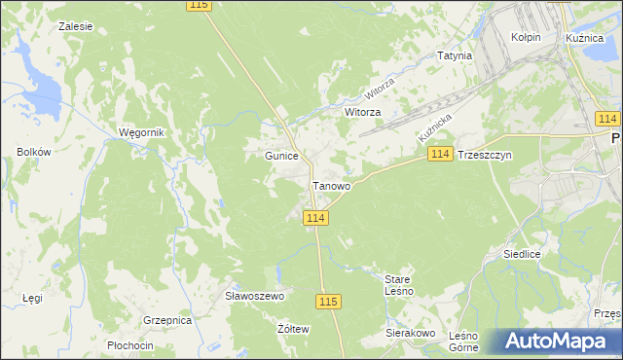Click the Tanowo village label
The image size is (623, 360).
tap(331, 186)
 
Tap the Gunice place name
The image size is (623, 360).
tap(281, 156)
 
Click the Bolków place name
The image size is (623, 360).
tap(33, 152)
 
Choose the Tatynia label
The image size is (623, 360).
tap(455, 55)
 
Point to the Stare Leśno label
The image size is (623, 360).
tap(399, 284)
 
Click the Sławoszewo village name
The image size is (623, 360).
tap(253, 296)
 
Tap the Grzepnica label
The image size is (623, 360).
tap(166, 319)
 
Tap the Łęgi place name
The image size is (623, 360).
tap(32, 298)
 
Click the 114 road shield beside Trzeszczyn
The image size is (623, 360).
tap(440, 155)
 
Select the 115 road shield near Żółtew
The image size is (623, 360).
tap(328, 302)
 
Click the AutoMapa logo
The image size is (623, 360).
tap(557, 341)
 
